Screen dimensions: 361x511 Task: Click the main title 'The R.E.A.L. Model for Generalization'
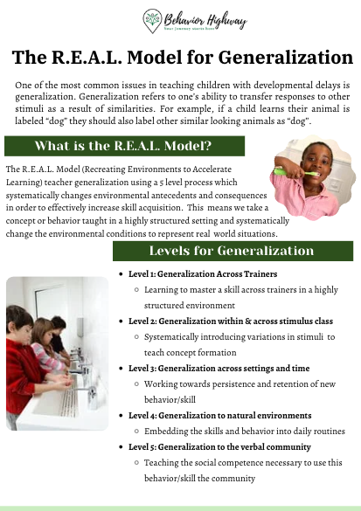point(180,58)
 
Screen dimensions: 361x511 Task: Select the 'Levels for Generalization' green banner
point(231,251)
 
